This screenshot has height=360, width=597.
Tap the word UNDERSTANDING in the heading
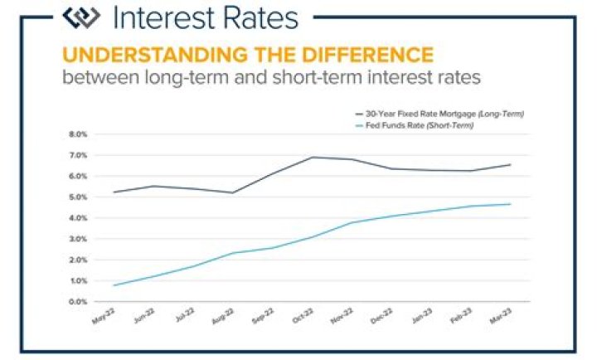133,56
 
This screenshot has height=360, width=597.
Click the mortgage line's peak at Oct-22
313,157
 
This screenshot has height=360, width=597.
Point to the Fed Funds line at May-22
114,285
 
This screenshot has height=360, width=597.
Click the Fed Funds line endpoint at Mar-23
533,204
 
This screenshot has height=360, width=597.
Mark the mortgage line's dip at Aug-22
233,192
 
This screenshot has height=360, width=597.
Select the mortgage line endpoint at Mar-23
533,164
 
